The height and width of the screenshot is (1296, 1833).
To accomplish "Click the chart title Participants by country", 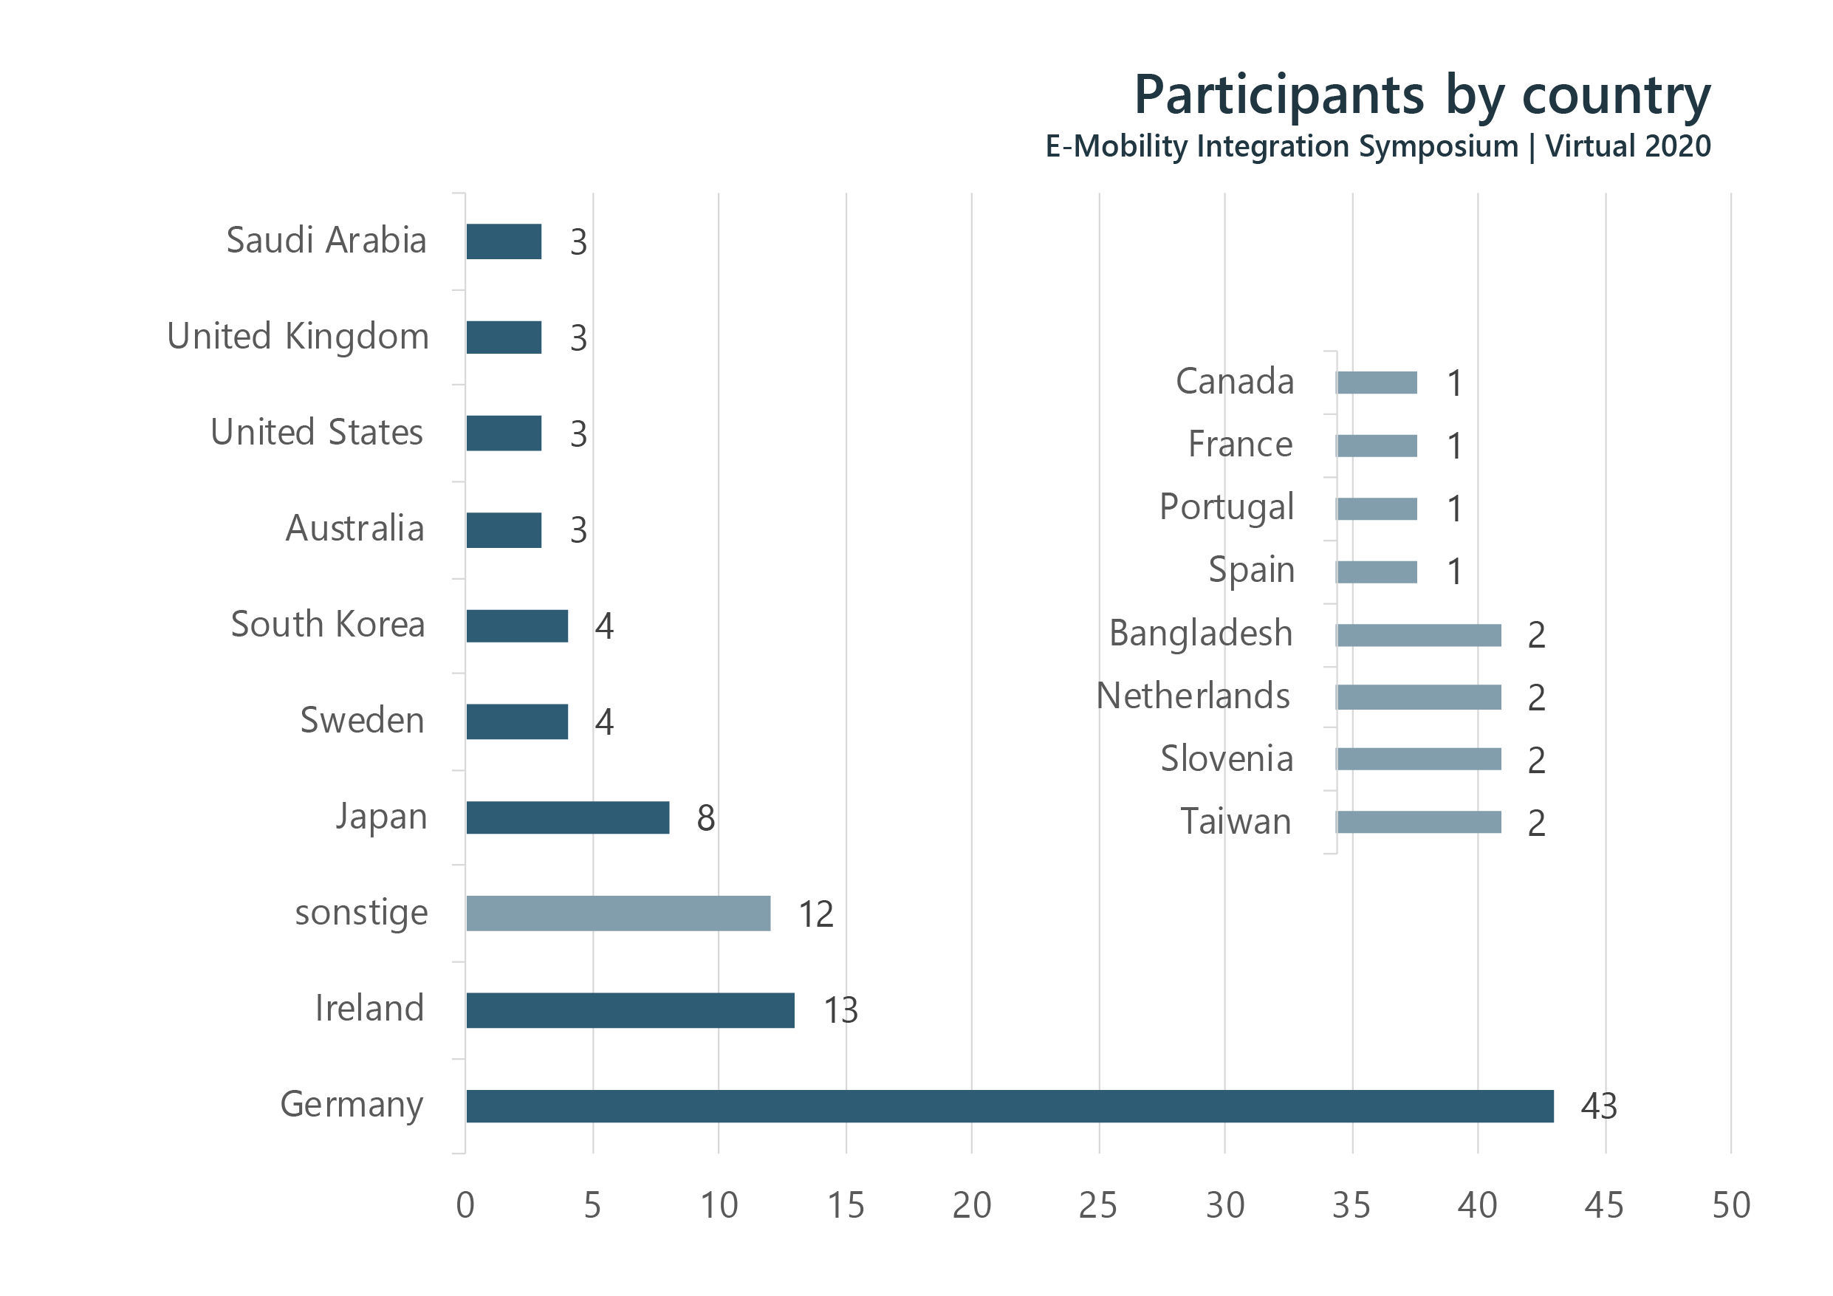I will (1422, 96).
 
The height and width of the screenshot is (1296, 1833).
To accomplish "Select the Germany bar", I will (1010, 1106).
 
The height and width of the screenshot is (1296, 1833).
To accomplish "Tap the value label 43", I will (1598, 1107).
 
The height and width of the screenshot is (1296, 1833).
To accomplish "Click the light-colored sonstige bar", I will (619, 913).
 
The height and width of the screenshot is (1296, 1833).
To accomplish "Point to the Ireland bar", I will (630, 1010).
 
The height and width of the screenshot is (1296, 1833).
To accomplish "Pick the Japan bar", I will (568, 817).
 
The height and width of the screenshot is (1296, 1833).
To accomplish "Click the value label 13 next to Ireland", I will (840, 1011).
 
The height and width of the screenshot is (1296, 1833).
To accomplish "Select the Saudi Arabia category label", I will (326, 240).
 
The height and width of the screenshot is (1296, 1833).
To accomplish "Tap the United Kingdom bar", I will (504, 337).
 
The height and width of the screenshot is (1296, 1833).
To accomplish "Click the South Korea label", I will (327, 625).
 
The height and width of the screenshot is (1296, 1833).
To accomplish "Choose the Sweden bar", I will (517, 722).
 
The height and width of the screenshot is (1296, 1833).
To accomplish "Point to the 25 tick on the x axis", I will (1097, 1206).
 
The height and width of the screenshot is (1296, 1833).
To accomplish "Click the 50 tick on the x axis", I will (1731, 1206).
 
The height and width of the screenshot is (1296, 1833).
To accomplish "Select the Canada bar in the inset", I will (1377, 383).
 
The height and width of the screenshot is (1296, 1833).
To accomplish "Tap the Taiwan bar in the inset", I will (1419, 823).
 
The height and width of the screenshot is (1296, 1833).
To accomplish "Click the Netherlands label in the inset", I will (1193, 696).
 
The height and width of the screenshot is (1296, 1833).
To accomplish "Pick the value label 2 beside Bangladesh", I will (1536, 636).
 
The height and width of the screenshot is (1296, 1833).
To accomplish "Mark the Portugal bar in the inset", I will (1377, 509).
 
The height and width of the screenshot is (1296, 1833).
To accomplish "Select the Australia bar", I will (504, 530).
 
